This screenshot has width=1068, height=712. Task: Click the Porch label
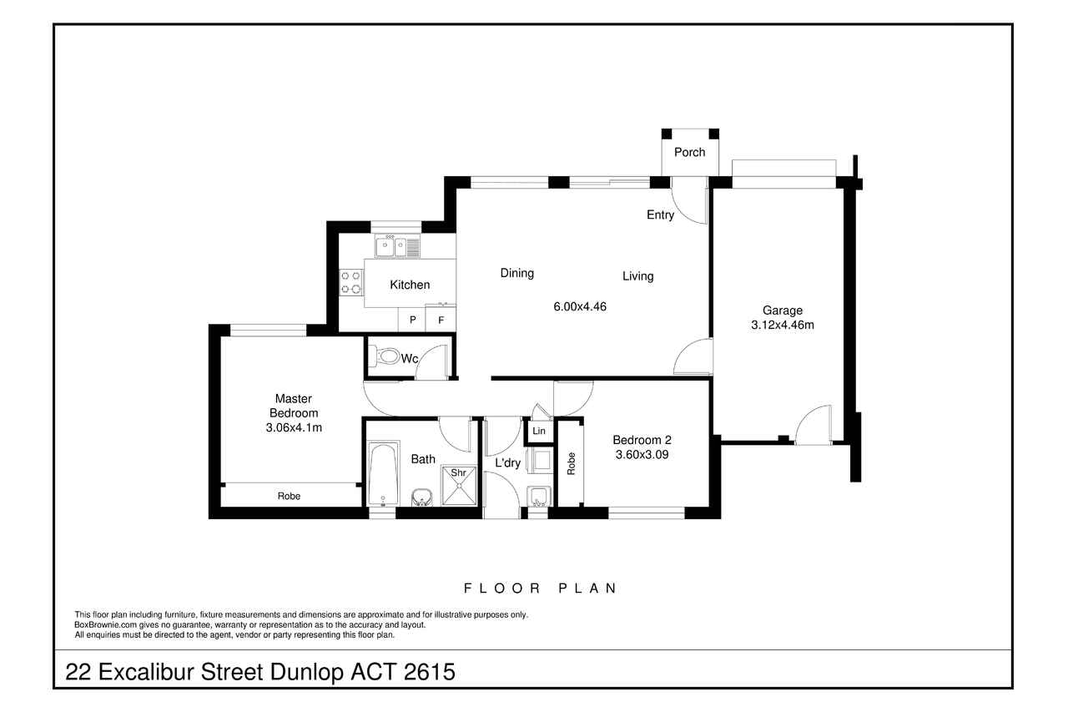[x=689, y=152]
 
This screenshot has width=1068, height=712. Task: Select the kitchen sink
[x=397, y=247]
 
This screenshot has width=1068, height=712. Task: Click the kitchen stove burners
[x=351, y=282]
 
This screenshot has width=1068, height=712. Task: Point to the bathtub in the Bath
[x=384, y=473]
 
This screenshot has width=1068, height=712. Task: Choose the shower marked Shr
[x=459, y=485]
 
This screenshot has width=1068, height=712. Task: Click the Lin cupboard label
[x=539, y=431]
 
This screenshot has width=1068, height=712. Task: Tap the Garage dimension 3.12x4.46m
[x=783, y=325]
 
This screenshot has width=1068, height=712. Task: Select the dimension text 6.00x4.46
[x=580, y=306]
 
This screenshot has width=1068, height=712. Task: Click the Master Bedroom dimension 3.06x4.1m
[x=294, y=427]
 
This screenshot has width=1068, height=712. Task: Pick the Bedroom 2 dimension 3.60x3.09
[x=642, y=454]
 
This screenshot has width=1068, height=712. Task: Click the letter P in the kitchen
[x=413, y=320]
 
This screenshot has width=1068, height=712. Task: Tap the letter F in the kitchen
[x=441, y=320]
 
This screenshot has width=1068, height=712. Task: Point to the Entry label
[x=660, y=215]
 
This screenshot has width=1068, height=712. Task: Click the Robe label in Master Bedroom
[x=289, y=496]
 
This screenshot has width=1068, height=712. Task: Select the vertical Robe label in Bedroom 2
[x=571, y=463]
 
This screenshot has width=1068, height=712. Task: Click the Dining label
[x=516, y=273]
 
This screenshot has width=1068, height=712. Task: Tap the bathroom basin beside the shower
[x=421, y=497]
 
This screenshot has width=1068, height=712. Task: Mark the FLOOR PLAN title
[x=540, y=588]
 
